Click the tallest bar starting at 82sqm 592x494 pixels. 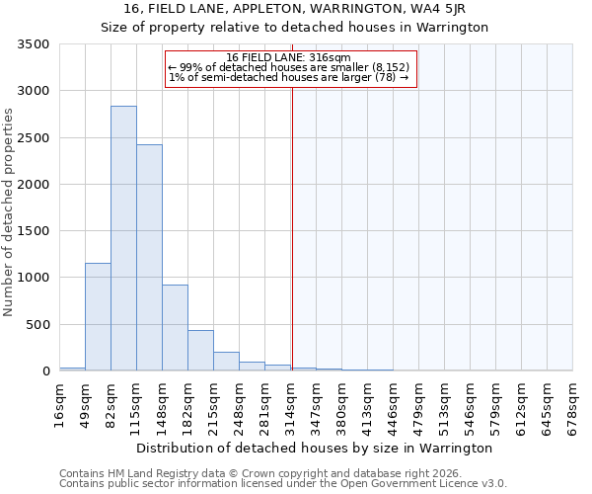pos(123,238)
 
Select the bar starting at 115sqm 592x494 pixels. pos(149,258)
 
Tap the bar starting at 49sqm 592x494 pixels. pos(98,316)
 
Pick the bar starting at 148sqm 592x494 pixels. pos(175,327)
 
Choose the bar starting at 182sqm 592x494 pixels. pos(200,350)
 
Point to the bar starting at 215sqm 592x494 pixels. pos(226,361)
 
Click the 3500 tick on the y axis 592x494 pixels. pos(34,44)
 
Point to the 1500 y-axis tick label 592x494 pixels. pos(34,231)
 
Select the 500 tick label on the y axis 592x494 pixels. pos(37,324)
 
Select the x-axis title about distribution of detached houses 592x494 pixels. pos(314,448)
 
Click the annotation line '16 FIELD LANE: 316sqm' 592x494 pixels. pos(288,58)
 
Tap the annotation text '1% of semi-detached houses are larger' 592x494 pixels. pos(288,77)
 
